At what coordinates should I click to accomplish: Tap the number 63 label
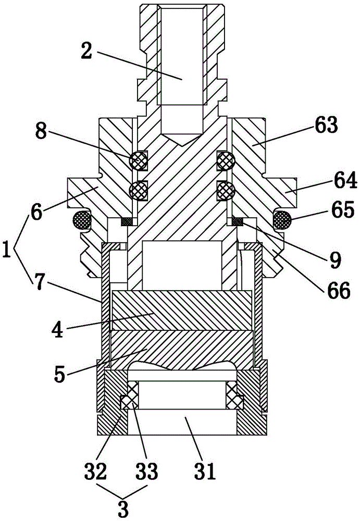[x=326, y=126]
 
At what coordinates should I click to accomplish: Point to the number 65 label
[x=342, y=210]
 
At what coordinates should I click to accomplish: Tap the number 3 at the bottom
[x=123, y=508]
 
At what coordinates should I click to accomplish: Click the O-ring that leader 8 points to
[x=138, y=161]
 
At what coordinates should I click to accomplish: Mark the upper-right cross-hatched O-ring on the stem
[x=227, y=161]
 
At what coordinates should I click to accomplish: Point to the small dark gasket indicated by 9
[x=238, y=221]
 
